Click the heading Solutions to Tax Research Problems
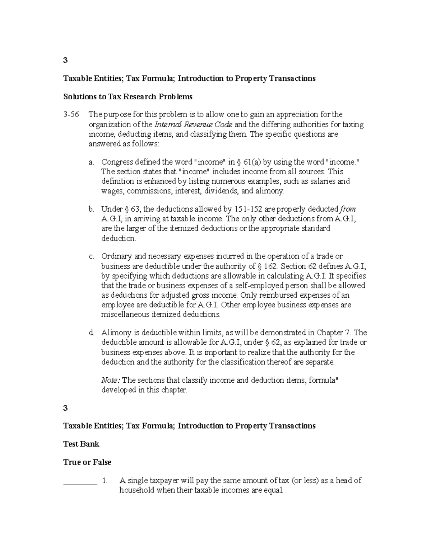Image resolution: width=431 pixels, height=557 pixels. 128,96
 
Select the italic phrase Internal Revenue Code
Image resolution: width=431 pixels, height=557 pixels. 193,125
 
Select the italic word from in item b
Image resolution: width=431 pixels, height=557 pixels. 348,209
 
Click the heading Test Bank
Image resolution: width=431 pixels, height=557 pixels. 81,444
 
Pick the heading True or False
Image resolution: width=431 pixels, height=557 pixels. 87,462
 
